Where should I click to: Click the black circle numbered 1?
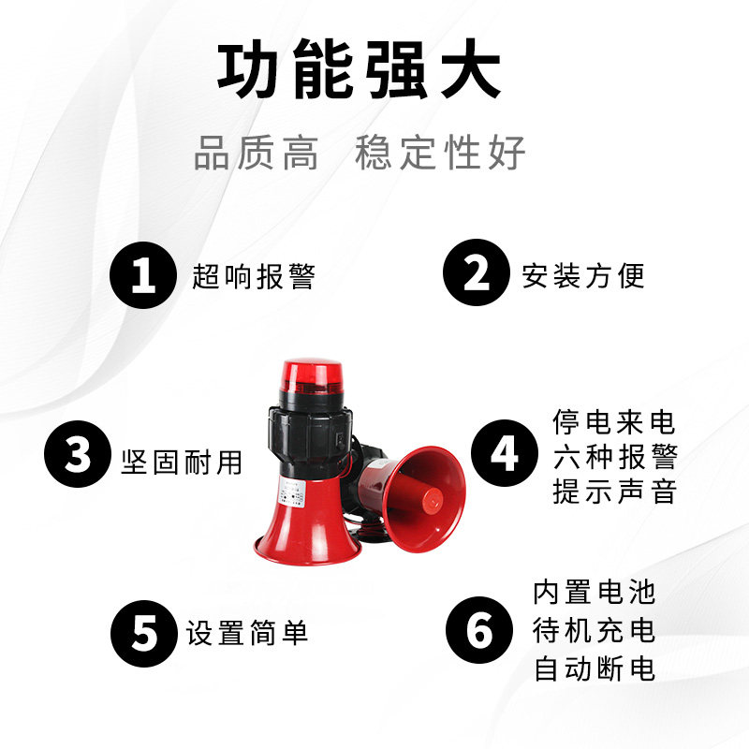(x=143, y=275)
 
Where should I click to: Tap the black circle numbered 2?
(x=477, y=272)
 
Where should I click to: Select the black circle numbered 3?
(x=78, y=454)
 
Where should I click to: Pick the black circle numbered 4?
(x=505, y=453)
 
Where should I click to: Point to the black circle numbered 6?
(x=479, y=630)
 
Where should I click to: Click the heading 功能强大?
(x=360, y=69)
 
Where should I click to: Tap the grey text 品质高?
(x=256, y=153)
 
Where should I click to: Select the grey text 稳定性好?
(x=440, y=153)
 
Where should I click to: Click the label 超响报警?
(x=254, y=276)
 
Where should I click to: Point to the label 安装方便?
(x=583, y=275)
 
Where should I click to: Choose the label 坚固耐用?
(x=182, y=463)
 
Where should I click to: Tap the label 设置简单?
(x=247, y=633)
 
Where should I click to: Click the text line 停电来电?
(x=614, y=422)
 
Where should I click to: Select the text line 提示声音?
(x=615, y=492)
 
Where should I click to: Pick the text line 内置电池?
(x=595, y=593)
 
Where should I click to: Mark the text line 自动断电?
(x=595, y=668)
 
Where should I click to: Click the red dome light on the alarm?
(x=310, y=377)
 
